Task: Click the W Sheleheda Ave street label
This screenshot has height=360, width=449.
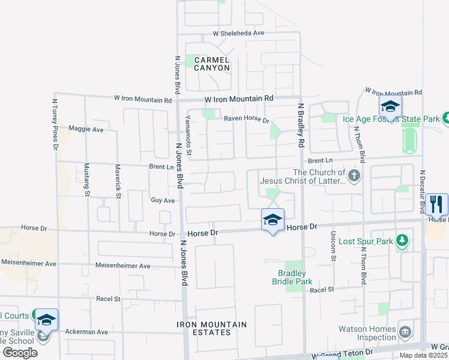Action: [238, 34]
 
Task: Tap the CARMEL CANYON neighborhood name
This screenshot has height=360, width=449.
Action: [211, 64]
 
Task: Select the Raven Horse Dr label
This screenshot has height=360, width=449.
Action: [247, 119]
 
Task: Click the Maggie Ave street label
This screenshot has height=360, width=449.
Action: [86, 129]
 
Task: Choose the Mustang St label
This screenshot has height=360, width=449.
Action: [87, 179]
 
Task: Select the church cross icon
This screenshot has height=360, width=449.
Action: [355, 176]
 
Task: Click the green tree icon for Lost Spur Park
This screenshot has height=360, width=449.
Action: [402, 242]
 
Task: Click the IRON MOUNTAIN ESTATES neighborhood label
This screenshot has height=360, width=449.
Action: [212, 328]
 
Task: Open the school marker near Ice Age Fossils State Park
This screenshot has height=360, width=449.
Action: [390, 107]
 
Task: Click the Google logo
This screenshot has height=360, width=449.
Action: [20, 353]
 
